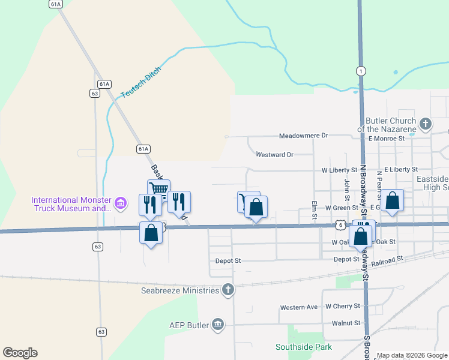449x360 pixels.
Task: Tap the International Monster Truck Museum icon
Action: pos(121,204)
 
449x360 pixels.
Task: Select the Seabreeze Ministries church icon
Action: pos(228,290)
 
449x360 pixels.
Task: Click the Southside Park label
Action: pos(304,347)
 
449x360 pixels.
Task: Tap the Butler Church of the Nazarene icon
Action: pos(425,124)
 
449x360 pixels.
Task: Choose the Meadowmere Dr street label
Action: pos(304,136)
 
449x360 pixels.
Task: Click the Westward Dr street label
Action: pos(274,155)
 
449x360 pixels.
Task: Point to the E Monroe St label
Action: pos(391,138)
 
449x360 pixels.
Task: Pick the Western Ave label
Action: pos(299,308)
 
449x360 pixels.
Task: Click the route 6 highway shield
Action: pos(340,225)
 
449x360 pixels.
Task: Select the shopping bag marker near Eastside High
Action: pos(393,202)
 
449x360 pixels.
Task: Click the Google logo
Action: pos(20,353)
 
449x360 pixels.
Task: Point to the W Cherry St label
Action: pos(342,306)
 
